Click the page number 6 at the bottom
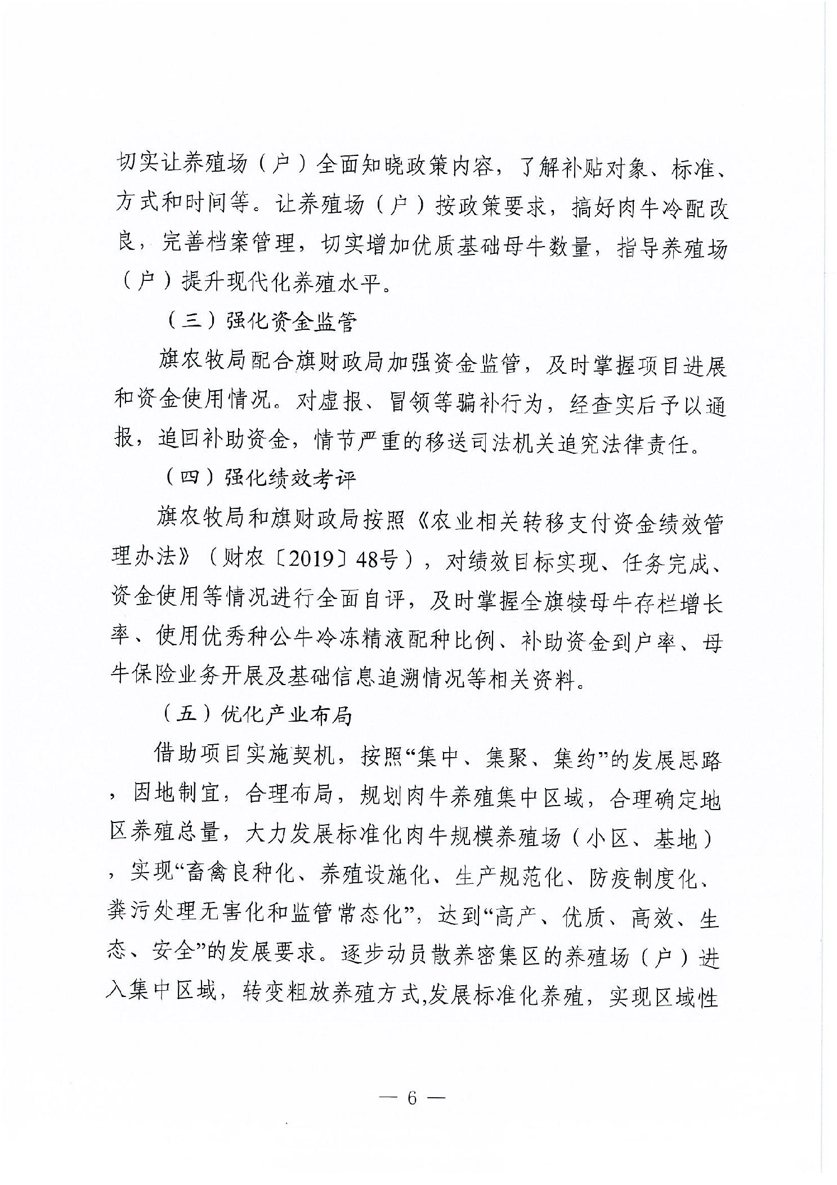tap(411, 1098)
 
